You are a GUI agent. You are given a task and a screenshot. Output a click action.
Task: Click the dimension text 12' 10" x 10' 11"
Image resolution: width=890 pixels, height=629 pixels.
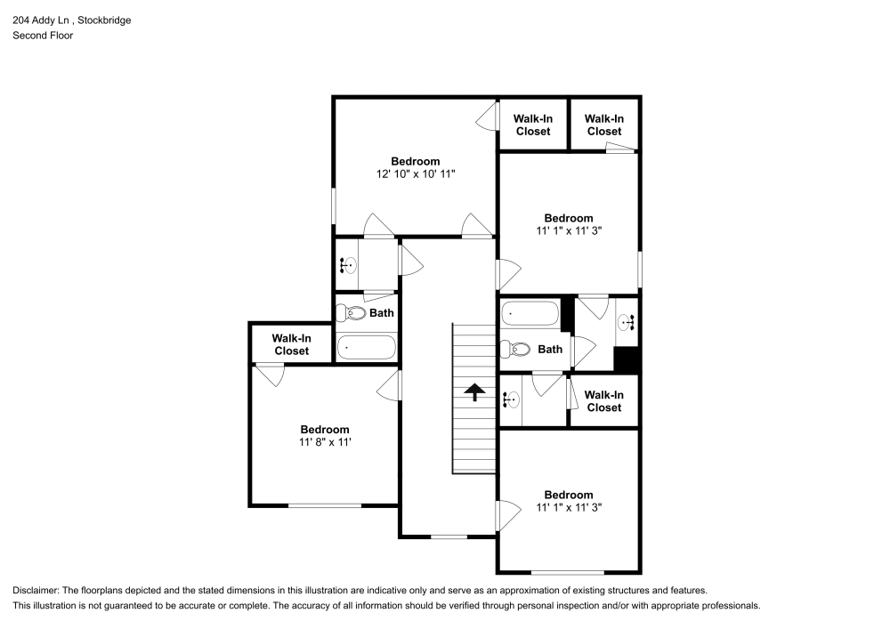click(415, 175)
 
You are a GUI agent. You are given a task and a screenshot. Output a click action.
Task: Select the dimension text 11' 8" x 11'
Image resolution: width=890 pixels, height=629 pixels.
click(324, 442)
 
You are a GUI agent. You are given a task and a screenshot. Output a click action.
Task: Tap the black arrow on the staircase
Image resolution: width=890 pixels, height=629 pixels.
click(474, 391)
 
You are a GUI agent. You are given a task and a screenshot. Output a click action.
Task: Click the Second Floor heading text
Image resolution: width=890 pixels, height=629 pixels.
click(43, 36)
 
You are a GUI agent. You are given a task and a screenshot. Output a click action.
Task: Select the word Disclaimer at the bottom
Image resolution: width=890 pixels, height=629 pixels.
click(36, 590)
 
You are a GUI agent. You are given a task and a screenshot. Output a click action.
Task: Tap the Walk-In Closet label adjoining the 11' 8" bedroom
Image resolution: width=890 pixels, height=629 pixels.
click(291, 344)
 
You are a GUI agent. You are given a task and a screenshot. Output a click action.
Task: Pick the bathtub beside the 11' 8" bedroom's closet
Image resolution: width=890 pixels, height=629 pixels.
click(367, 347)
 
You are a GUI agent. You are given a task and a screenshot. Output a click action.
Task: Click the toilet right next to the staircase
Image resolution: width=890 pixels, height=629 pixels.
click(516, 350)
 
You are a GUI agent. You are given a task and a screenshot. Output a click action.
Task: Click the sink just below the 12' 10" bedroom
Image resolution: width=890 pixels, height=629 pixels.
click(348, 264)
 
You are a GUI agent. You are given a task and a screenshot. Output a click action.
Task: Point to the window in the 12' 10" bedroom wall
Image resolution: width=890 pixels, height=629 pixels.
click(335, 206)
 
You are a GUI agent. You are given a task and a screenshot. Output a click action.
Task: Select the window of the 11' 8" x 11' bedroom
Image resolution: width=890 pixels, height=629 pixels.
click(324, 505)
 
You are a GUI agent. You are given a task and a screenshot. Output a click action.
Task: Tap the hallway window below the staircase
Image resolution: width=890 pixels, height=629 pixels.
click(449, 536)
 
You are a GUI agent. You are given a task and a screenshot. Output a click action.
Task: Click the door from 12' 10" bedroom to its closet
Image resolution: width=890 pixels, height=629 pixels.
click(486, 116)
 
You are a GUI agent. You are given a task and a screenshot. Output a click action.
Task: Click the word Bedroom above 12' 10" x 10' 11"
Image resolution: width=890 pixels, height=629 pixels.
click(415, 161)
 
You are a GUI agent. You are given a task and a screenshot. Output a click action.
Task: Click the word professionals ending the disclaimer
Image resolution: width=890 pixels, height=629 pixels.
click(730, 605)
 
